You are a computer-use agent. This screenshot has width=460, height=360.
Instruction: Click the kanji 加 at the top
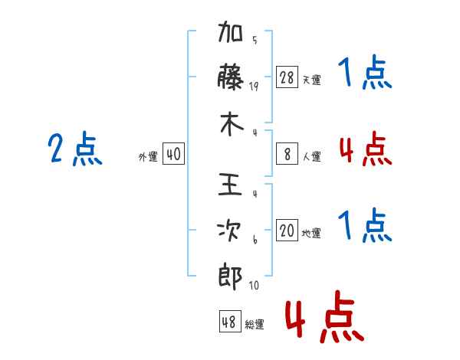click(230, 31)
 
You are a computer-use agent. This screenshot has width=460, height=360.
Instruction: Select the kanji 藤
click(230, 77)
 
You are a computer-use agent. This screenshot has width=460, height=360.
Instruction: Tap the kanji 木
click(232, 124)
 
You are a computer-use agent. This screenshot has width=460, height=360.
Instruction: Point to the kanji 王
click(230, 184)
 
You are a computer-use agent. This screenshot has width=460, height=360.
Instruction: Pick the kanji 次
click(229, 231)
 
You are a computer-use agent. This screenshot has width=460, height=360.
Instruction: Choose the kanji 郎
click(230, 277)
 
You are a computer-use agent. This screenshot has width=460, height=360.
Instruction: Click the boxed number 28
click(287, 77)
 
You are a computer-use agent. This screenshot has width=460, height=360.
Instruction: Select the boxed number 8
click(287, 154)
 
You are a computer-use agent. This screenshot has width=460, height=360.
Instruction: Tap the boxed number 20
click(287, 230)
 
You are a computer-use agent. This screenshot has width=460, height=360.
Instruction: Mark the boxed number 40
click(173, 154)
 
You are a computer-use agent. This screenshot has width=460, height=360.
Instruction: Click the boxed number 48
click(230, 322)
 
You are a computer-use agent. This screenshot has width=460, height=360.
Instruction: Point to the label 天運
click(312, 80)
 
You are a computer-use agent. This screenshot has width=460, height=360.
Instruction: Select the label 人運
click(312, 156)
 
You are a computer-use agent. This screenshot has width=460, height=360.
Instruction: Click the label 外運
click(148, 156)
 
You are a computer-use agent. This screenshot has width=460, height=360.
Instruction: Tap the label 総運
click(255, 325)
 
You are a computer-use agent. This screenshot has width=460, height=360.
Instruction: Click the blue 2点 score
click(75, 149)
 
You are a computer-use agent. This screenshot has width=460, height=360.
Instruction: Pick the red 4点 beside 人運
click(366, 149)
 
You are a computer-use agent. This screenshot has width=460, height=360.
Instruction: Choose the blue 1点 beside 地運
click(365, 225)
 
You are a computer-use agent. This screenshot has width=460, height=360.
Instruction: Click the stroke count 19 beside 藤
click(254, 87)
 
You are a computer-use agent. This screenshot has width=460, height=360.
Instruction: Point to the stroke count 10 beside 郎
click(254, 285)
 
